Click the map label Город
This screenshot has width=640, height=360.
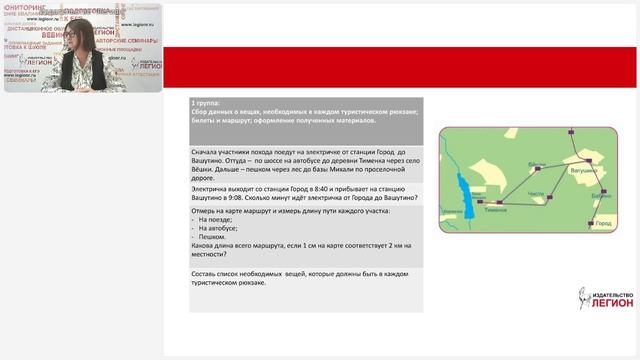[602, 223]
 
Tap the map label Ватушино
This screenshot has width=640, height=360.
[585, 171]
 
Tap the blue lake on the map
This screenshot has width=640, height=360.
[462, 188]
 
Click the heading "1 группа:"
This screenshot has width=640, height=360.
[208, 103]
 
